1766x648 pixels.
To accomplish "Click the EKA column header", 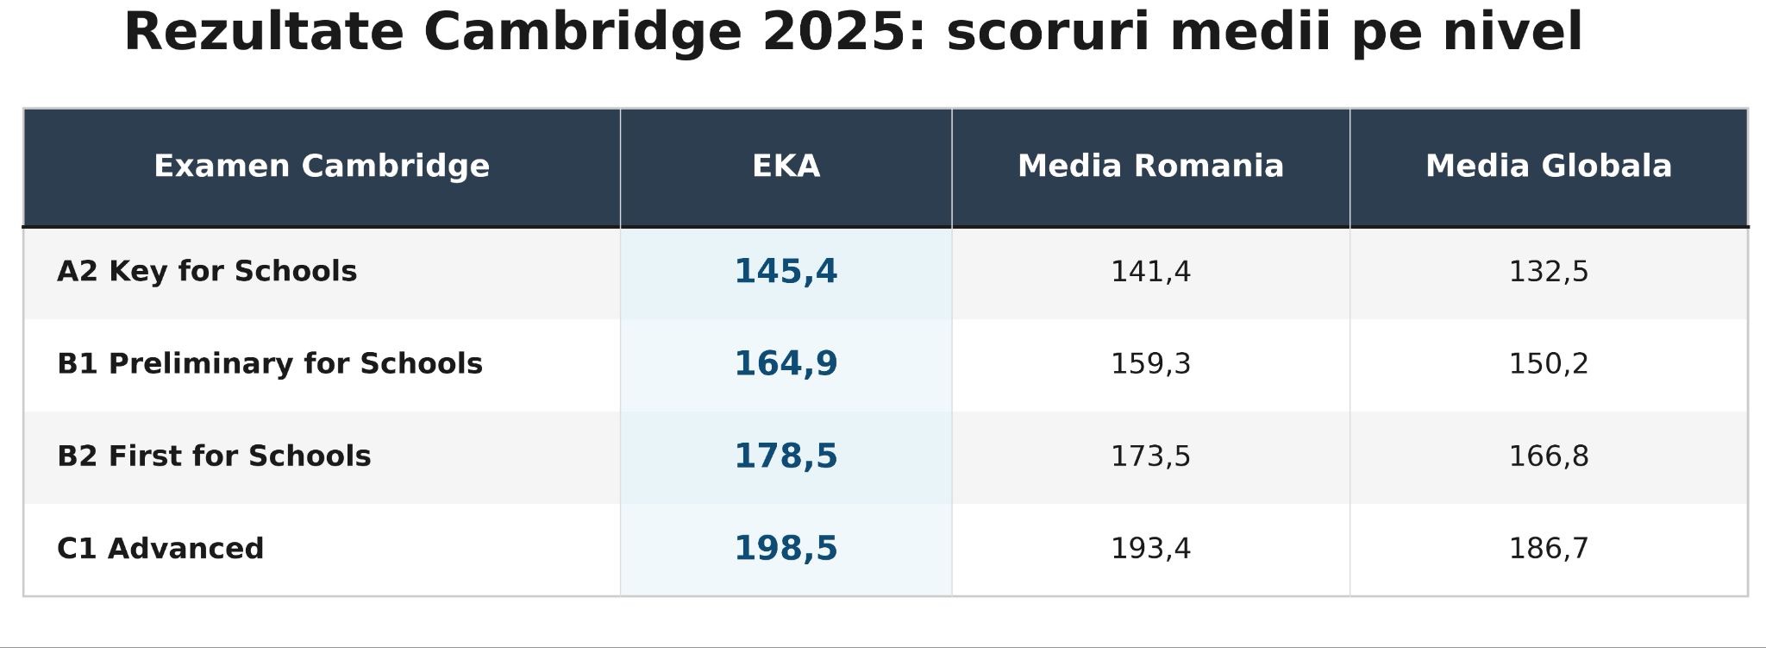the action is click(786, 167).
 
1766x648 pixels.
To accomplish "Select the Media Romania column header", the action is click(1150, 167).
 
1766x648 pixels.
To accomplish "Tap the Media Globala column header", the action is click(1549, 167).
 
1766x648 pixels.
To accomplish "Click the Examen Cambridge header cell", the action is click(322, 167).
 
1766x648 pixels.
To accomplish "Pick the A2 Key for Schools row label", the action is click(207, 272).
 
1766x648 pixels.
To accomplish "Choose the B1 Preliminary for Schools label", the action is click(270, 364).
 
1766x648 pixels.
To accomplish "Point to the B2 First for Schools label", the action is click(214, 456).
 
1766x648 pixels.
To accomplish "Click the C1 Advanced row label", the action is click(160, 549).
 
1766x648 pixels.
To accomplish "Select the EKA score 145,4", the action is click(786, 272).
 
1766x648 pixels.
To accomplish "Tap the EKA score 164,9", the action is click(786, 364).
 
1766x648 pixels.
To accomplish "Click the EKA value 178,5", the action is click(786, 456).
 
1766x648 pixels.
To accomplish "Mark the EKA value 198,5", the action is click(786, 549).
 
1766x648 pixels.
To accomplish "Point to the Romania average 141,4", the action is click(1150, 273).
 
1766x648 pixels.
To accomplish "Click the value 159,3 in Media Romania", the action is click(1150, 365).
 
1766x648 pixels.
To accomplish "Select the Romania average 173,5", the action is click(1150, 457).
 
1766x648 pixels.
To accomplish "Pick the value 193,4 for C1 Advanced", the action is click(1150, 550).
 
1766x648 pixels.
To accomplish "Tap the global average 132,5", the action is click(1549, 273).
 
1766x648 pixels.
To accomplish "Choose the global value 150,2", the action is click(1549, 365).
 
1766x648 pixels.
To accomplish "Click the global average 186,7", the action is click(1549, 550).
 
